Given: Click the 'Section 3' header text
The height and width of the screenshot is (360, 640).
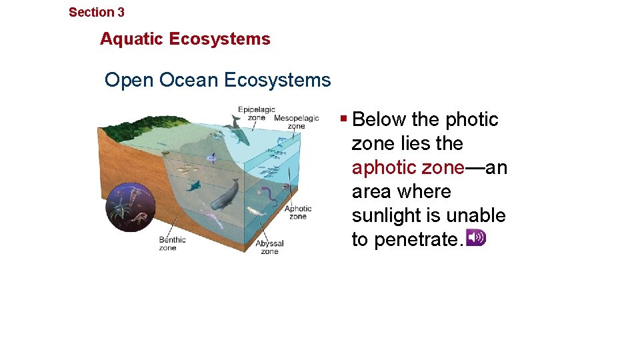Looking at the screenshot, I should [x=96, y=12].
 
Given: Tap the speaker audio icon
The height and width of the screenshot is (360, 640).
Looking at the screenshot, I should [x=476, y=237].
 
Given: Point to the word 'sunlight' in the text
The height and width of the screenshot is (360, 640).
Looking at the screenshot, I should [x=384, y=215].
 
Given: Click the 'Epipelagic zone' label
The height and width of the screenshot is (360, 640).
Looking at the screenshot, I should [x=257, y=113].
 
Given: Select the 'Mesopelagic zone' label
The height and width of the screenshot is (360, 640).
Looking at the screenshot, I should [x=297, y=122].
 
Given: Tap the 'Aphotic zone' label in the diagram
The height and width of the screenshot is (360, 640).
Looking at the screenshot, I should [x=298, y=212].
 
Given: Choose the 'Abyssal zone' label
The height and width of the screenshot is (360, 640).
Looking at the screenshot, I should [x=269, y=247].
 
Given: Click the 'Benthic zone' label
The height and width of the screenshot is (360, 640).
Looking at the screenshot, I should [x=172, y=243].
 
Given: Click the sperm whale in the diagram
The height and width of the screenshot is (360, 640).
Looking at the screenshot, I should [x=225, y=195].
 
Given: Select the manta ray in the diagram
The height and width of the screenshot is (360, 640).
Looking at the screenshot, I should [x=194, y=185].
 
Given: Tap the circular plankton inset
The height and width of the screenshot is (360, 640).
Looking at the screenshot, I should [x=131, y=207].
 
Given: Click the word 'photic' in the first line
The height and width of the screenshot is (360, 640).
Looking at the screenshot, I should [x=472, y=119].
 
